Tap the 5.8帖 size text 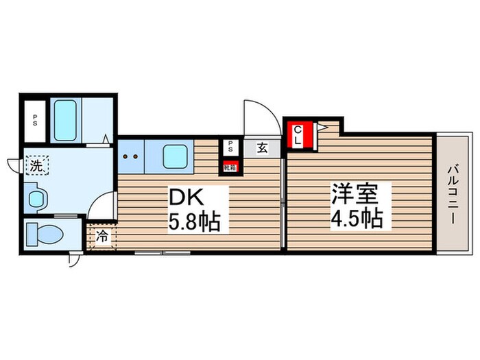click(x=195, y=223)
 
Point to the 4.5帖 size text click(x=357, y=219)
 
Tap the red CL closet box click(x=300, y=134)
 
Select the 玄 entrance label click(x=263, y=146)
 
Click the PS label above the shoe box click(x=230, y=145)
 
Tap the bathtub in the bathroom click(x=66, y=120)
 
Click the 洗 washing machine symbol click(x=36, y=165)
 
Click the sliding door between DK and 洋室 click(x=283, y=199)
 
